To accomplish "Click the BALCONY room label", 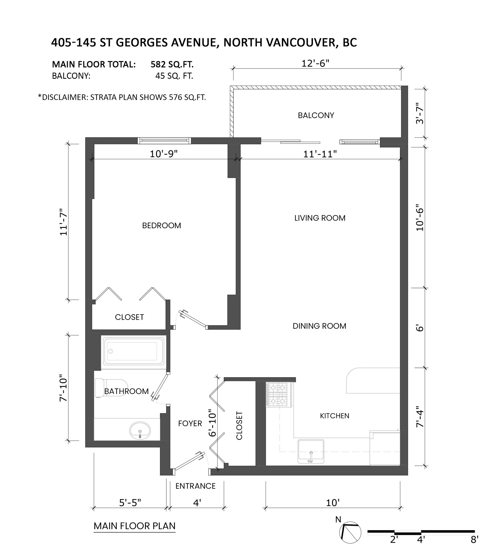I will tap(316, 115).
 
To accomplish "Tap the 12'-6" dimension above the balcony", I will tap(315, 64).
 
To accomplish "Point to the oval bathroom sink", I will tap(140, 431).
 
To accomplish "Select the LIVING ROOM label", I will tap(320, 218).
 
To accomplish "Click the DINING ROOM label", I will tap(319, 326).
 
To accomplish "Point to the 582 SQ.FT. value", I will tap(172, 64).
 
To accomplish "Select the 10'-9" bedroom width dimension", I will tap(164, 154).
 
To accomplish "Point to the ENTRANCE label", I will tap(195, 486).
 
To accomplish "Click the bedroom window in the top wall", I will tap(164, 141).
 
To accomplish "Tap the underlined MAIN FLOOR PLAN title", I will tap(134, 526).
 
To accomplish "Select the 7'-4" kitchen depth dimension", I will tap(420, 417).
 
